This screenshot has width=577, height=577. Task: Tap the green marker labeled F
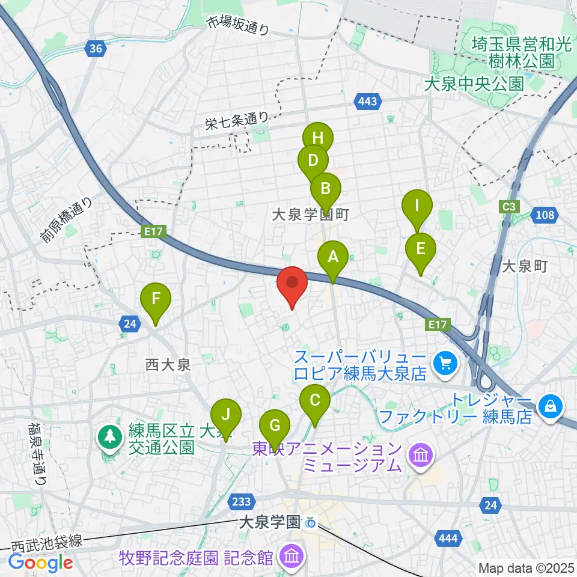(x=156, y=299)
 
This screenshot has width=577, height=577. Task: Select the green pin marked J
(x=225, y=415)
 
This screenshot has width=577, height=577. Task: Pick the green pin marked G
(x=275, y=426)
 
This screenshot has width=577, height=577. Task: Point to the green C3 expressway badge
(x=509, y=207)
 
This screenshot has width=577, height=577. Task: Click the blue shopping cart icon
(x=445, y=362)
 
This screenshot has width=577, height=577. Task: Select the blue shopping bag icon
(x=549, y=407)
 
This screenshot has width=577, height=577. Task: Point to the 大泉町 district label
(x=525, y=266)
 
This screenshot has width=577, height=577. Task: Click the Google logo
(x=41, y=562)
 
